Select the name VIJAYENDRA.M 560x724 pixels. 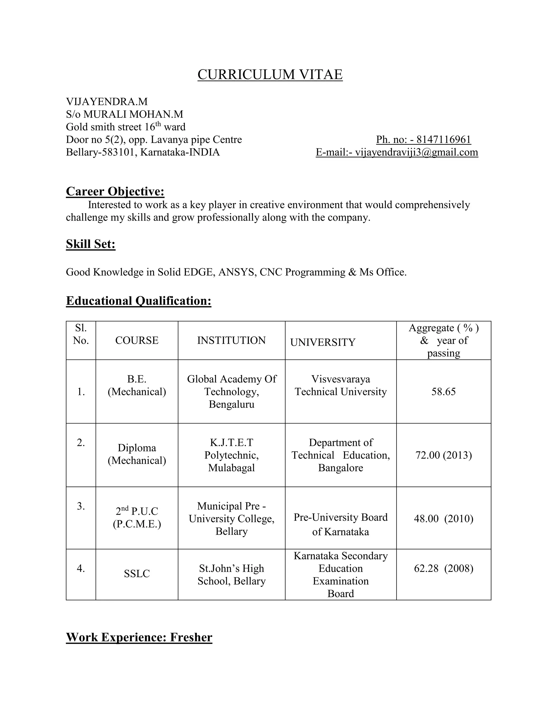tap(107, 101)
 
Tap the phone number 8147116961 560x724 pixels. tap(444, 140)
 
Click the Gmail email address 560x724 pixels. tap(416, 152)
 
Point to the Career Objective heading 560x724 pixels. tap(115, 191)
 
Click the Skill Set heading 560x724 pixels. tap(91, 244)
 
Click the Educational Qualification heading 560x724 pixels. tap(139, 301)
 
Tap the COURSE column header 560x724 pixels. tap(137, 340)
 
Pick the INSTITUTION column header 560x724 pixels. tap(231, 340)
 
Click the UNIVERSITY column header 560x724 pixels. tap(323, 342)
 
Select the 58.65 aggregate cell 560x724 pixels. tap(444, 392)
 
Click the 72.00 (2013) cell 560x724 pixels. tap(444, 455)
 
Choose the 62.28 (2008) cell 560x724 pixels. tap(444, 569)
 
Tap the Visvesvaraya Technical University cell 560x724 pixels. tap(341, 385)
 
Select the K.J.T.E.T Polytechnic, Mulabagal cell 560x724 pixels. tap(231, 455)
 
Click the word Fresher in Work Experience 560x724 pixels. tap(191, 637)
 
